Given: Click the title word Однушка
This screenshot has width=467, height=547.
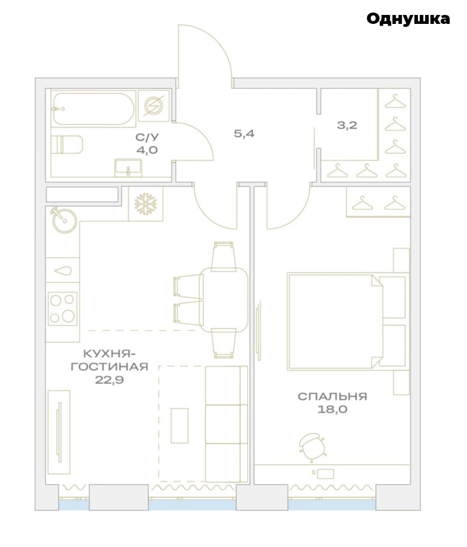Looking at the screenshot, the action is pos(408,19).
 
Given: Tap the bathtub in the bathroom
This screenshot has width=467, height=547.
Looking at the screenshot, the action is pos(93,109).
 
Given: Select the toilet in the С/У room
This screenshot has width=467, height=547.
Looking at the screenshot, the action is pos(67,145).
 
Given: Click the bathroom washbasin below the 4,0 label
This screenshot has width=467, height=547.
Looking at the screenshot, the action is pos(129,167).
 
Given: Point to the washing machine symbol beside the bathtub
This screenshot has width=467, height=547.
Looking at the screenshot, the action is pos(154,106).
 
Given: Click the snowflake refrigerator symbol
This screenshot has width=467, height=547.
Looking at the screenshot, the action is pos(146,204).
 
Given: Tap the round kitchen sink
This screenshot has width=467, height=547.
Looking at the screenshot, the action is pos(64,220).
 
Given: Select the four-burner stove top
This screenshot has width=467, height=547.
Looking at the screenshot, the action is pos(62,308).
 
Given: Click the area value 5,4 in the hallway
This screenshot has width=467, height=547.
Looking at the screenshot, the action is pos(245,133).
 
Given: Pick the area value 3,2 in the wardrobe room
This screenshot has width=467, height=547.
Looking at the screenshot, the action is pos(347,125).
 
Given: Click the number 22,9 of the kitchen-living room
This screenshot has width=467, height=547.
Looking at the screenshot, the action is pos(109,379).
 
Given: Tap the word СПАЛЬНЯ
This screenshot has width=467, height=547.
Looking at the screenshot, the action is pos(332,396).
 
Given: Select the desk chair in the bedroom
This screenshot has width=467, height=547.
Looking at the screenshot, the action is pos(312,447).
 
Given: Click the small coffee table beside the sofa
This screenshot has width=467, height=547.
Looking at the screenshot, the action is pos(179,426).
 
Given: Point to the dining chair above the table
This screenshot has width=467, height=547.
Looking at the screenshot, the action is pos(224,256).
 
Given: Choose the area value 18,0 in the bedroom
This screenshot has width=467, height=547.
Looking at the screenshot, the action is pos(332,409).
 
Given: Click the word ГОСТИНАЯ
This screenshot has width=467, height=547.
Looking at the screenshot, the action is pos(109,366).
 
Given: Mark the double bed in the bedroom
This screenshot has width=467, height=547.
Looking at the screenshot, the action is pos(347,321).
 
